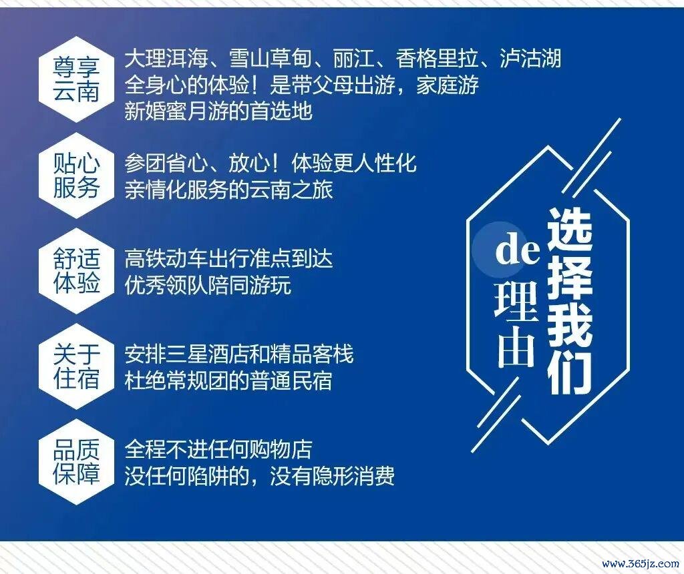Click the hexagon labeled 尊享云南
point(76,79)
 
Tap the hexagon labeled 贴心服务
point(76,176)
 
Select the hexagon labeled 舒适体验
point(76,271)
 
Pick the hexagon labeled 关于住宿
point(76,366)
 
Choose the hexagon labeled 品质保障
point(76,462)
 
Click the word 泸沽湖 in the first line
point(530,59)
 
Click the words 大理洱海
point(166,59)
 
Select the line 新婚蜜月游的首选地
point(218,111)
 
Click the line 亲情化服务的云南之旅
point(228,190)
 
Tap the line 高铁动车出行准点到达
point(228,259)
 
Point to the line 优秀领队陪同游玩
point(208,286)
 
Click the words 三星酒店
point(208,355)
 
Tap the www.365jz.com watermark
point(641,563)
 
